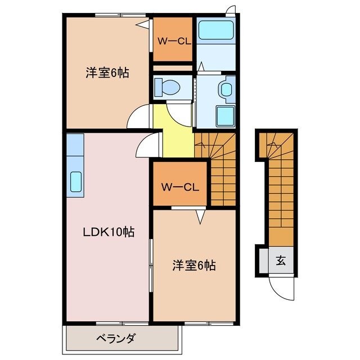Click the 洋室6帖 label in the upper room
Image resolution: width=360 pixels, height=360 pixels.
click(107, 72)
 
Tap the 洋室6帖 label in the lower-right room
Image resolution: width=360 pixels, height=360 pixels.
click(194, 264)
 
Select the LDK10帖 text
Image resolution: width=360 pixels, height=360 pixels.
click(109, 231)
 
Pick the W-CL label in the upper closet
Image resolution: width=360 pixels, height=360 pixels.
click(172, 40)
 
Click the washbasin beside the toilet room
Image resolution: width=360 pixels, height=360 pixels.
click(227, 89)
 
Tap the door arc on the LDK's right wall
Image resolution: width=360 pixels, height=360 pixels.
click(145, 147)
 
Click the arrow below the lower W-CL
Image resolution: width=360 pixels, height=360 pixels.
click(199, 214)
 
